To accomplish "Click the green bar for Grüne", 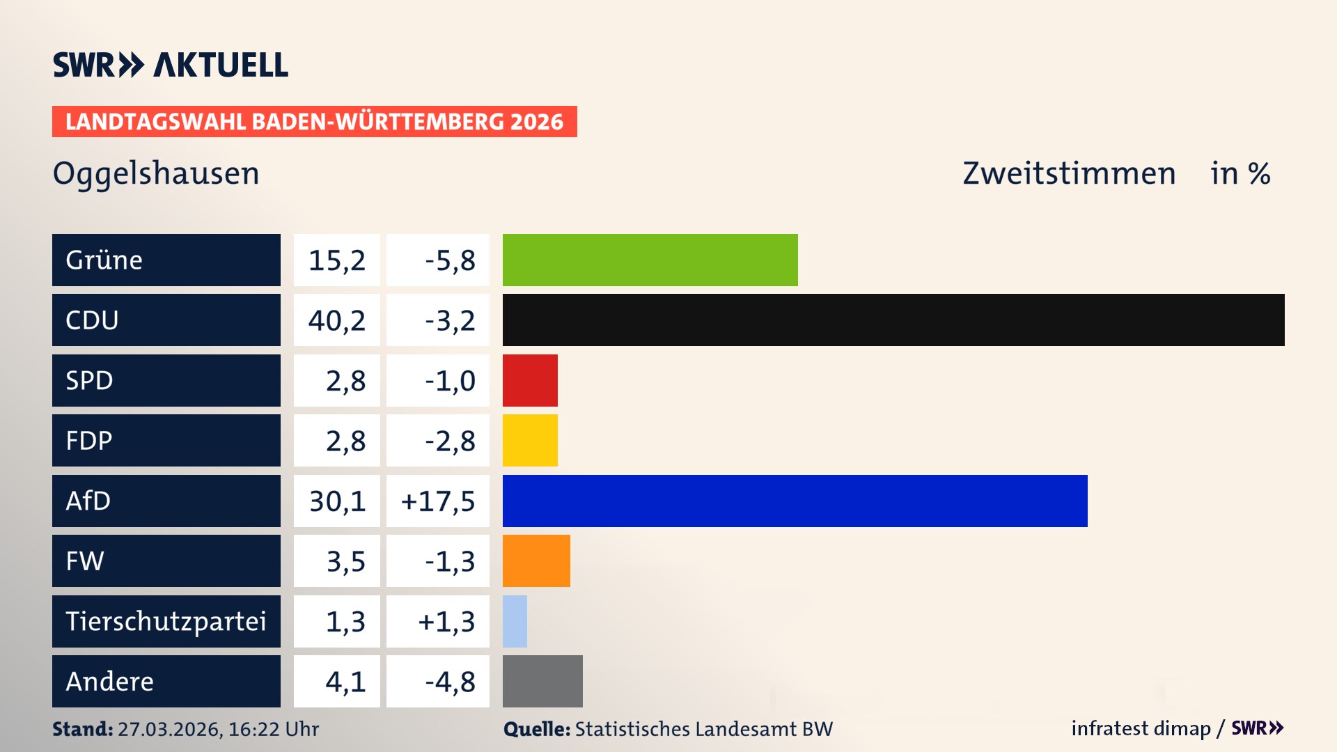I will tap(650, 260).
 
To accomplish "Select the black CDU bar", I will tap(893, 320).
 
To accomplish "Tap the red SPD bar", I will tap(530, 380).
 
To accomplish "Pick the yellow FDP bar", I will tap(530, 441).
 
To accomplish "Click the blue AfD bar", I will tap(795, 501).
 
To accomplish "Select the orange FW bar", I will tap(536, 561).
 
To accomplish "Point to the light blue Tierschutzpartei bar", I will tap(515, 621).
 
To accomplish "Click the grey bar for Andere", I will tap(542, 681).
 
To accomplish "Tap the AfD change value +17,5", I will tap(438, 501).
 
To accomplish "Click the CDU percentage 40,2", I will tap(337, 321).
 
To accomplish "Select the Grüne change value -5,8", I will tap(450, 260).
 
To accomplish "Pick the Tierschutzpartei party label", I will tap(166, 621).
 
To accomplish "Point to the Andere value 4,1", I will tap(345, 682).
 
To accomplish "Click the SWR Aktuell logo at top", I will tap(171, 65).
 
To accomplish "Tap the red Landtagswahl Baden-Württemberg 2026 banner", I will tap(314, 122).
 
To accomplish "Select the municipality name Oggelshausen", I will tap(156, 173).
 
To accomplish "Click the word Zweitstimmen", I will tap(1069, 173).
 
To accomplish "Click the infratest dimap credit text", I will tap(1141, 728).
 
